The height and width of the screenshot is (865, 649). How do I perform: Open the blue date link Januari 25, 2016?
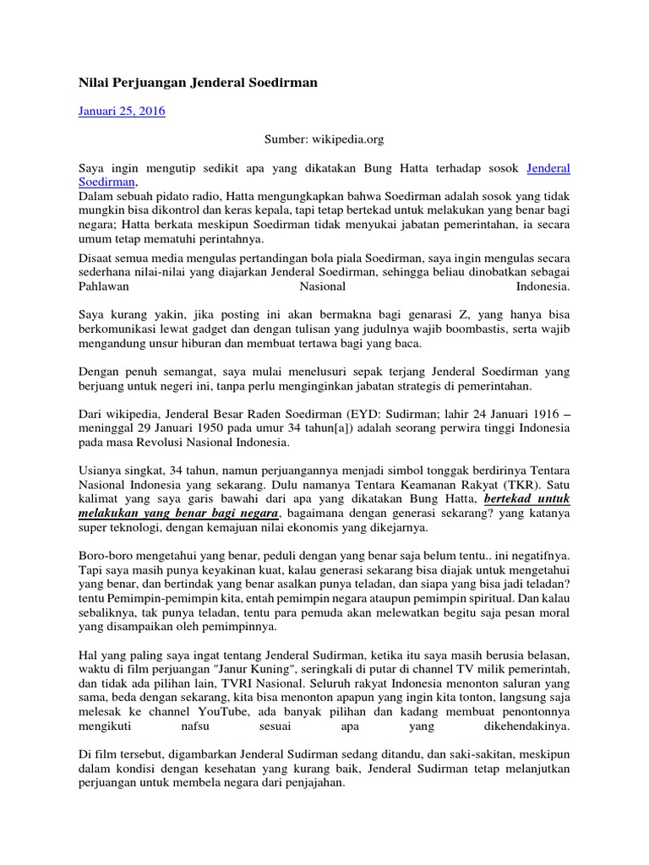click(x=122, y=111)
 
